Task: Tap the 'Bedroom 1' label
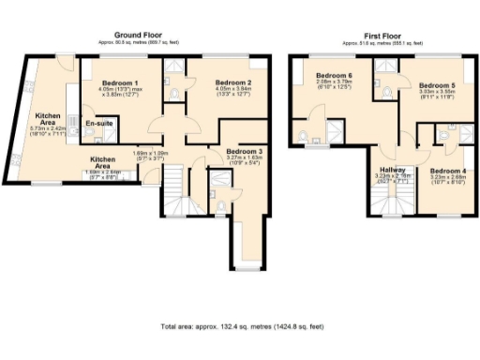[x=119, y=82]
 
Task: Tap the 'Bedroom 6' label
[x=334, y=75]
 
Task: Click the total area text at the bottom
[x=242, y=326]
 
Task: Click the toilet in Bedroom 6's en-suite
[x=304, y=139]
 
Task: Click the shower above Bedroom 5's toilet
[x=384, y=65]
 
